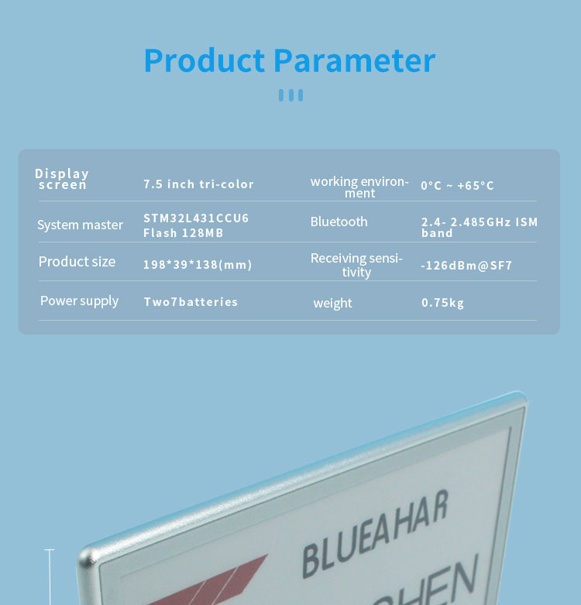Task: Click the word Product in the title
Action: (x=205, y=60)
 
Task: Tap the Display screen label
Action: (x=62, y=179)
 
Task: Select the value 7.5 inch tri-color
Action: (x=198, y=184)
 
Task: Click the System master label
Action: (x=80, y=225)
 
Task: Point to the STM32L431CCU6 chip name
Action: (x=196, y=218)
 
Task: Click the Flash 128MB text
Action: (x=183, y=232)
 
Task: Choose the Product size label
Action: (x=77, y=262)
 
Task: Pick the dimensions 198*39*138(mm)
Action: (x=198, y=265)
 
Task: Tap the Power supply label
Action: (x=79, y=301)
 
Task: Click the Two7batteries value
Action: (x=191, y=302)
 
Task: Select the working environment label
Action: (x=359, y=187)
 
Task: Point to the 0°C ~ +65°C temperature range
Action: (x=457, y=186)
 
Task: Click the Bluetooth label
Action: (x=339, y=222)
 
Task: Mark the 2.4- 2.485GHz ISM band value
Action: (x=479, y=227)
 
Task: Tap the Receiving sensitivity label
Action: (x=356, y=265)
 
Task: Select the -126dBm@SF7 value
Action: (x=466, y=266)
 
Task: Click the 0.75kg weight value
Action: (x=442, y=303)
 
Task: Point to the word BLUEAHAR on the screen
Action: (x=374, y=536)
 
